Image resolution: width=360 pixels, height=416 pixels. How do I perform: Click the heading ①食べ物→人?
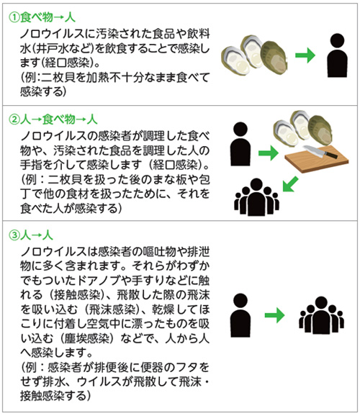tap(42, 18)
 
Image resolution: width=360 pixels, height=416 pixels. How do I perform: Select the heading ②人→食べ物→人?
tap(53, 119)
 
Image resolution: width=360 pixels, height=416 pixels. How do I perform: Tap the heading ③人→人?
tap(31, 235)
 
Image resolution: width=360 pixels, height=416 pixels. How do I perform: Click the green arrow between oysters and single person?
tap(305, 55)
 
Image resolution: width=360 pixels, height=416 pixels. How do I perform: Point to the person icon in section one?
tap(337, 55)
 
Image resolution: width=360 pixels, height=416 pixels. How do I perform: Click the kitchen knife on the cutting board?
tap(320, 151)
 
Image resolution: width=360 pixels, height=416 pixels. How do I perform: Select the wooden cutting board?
tap(317, 158)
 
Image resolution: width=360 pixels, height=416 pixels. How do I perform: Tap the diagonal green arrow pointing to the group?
tap(290, 184)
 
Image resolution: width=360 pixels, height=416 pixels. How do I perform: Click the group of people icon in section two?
tap(256, 197)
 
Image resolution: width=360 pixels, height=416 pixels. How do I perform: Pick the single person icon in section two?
tap(240, 144)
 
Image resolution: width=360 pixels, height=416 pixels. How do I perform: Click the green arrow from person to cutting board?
tap(269, 153)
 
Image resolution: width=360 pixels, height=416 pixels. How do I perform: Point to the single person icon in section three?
tap(240, 315)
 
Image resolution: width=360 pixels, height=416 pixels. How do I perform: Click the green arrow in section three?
tap(275, 315)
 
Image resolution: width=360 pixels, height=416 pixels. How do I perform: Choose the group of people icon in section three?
tap(322, 315)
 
